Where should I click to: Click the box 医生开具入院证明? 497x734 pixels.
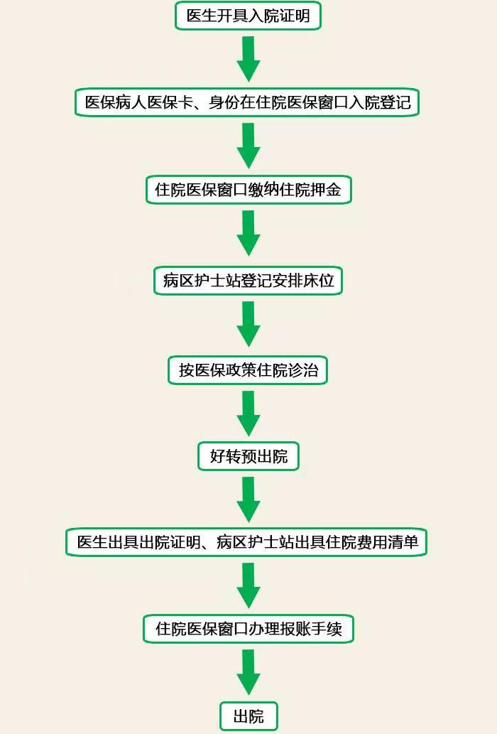pos(248,16)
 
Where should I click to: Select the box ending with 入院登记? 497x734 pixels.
pos(247,102)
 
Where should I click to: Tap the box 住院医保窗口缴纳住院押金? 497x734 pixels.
pos(248,190)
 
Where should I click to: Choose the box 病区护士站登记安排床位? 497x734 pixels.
pos(248,281)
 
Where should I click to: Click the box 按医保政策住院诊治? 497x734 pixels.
pos(248,370)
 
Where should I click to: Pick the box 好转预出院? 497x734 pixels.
pos(248,456)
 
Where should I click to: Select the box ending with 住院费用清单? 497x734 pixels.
pos(246,542)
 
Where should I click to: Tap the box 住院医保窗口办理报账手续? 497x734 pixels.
pos(248,629)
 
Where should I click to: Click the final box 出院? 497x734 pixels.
pos(248,716)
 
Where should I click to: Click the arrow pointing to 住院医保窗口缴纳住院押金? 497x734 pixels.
pos(248,146)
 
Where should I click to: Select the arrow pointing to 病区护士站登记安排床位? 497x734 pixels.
pos(248,233)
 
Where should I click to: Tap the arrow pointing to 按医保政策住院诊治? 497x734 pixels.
pos(248,324)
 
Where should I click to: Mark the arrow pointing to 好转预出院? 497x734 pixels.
pos(248,414)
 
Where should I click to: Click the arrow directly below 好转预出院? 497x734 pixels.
pos(248,500)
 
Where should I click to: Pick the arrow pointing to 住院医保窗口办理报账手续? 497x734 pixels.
pos(248,585)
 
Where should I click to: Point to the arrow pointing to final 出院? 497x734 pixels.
pos(248,672)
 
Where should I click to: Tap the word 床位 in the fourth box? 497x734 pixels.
pos(319,281)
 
